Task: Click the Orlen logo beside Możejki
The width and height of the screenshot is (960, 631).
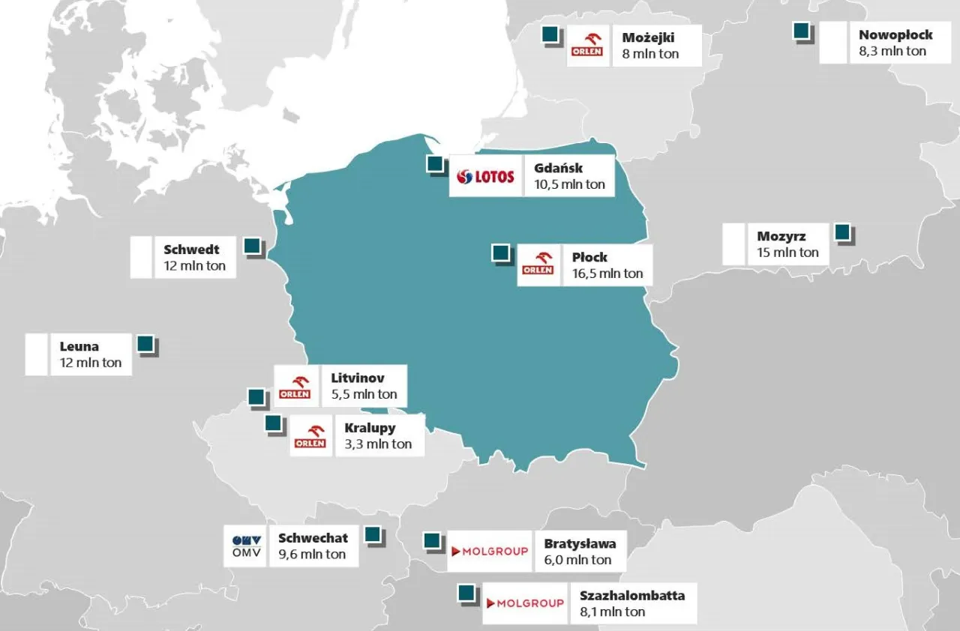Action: pyautogui.click(x=589, y=46)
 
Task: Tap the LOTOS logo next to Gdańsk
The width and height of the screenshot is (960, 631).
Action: pyautogui.click(x=486, y=176)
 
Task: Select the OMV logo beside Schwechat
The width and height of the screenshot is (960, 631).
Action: pyautogui.click(x=245, y=546)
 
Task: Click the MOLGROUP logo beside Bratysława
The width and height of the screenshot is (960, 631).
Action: pyautogui.click(x=489, y=552)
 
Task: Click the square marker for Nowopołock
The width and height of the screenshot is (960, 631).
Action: pyautogui.click(x=801, y=31)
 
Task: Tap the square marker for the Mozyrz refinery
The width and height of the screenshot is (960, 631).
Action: pyautogui.click(x=843, y=232)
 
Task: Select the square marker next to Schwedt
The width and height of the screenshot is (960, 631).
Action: pyautogui.click(x=252, y=246)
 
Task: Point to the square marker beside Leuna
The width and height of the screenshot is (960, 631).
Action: pyautogui.click(x=145, y=344)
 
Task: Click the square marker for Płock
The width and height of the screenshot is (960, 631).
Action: pyautogui.click(x=500, y=253)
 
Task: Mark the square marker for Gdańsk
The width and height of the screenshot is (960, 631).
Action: pyautogui.click(x=433, y=164)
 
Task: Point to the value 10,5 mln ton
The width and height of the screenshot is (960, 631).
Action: pyautogui.click(x=570, y=184)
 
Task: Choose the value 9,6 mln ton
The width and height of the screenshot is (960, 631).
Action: pyautogui.click(x=312, y=555)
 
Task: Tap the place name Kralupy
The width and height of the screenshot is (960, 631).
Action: pyautogui.click(x=370, y=429)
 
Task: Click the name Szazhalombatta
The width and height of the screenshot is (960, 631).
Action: pyautogui.click(x=632, y=596)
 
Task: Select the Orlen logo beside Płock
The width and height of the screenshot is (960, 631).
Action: pyautogui.click(x=538, y=265)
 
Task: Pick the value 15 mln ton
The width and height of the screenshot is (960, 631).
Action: pyautogui.click(x=787, y=253)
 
